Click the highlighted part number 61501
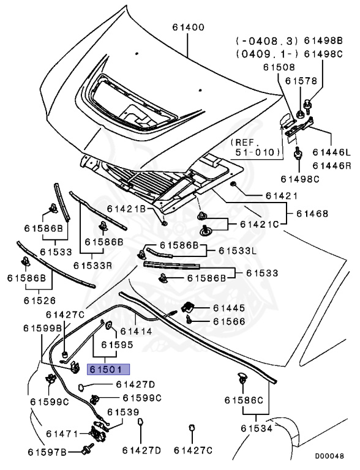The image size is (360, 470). tap(108, 369)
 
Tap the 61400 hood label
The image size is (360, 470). tap(189, 28)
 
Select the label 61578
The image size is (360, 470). tap(301, 81)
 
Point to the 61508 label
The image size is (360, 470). tap(279, 67)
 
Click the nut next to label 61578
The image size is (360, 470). tap(300, 114)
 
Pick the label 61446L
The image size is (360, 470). tap(332, 152)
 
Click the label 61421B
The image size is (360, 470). tap(126, 209)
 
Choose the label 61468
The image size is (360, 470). tap(312, 214)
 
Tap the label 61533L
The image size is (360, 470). tap(238, 250)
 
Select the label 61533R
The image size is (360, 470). tap(92, 265)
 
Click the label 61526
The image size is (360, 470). tap(40, 300)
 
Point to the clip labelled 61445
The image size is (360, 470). tap(187, 307)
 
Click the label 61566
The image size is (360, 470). tap(229, 321)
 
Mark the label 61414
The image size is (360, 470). tap(136, 331)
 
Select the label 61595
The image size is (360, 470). tap(117, 345)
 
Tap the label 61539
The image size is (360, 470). tap(123, 412)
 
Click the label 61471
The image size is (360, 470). tap(62, 434)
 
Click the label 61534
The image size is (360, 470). tap(257, 428)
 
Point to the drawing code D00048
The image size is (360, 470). tap(329, 456)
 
